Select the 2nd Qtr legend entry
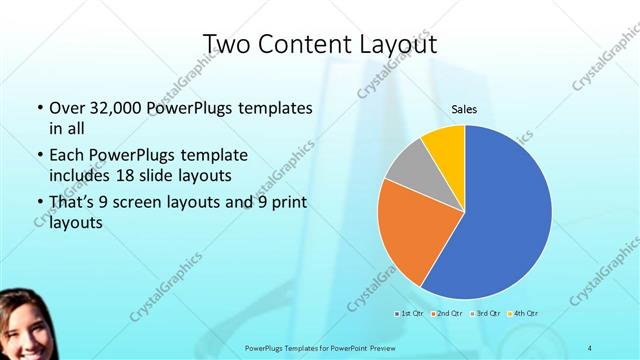point(446,315)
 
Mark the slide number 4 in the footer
point(590,346)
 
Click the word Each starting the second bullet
point(68,156)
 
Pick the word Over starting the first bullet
point(68,108)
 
